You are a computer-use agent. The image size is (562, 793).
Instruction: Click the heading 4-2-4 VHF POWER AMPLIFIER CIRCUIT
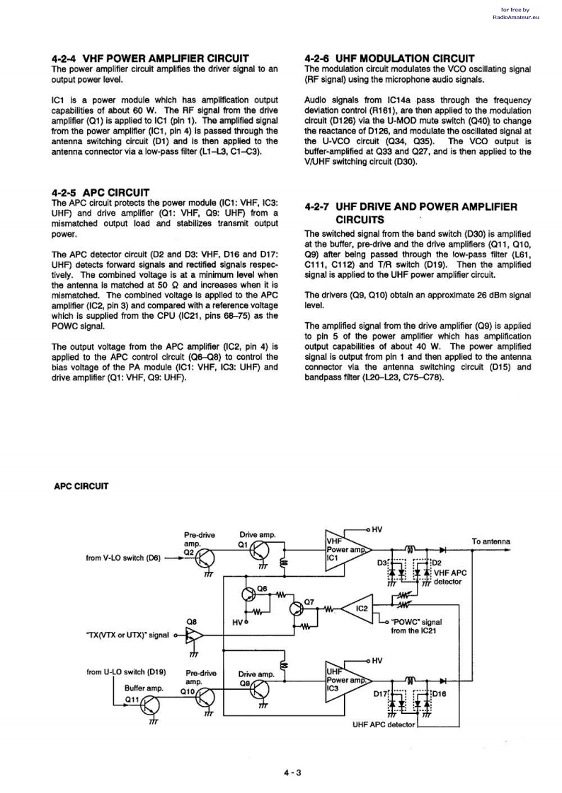pos(150,58)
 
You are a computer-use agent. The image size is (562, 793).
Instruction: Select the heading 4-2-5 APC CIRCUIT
pos(101,192)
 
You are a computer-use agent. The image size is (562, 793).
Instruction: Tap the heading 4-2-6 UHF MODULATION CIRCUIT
pos(389,58)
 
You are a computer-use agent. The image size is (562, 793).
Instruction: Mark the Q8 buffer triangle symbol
pos(193,635)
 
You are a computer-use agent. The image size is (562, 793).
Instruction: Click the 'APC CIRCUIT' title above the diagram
pos(81,486)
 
